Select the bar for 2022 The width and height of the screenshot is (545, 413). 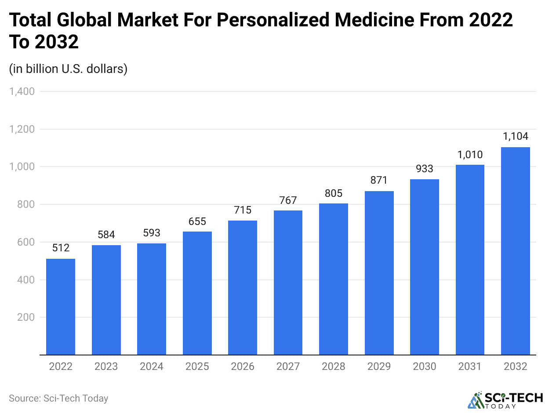click(x=61, y=307)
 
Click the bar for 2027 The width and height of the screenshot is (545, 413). click(x=288, y=283)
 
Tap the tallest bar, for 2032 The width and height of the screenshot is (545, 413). click(x=515, y=251)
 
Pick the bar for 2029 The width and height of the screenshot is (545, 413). click(x=379, y=273)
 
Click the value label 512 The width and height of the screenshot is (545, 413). click(x=61, y=248)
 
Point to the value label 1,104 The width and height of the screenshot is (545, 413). click(x=515, y=136)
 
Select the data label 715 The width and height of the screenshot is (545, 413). click(x=243, y=210)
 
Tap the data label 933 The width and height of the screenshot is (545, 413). click(x=425, y=168)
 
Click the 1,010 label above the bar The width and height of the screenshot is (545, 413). click(x=470, y=154)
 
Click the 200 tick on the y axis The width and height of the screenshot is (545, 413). click(x=26, y=317)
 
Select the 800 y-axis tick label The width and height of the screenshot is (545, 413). click(x=26, y=204)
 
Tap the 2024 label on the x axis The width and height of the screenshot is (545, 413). click(x=152, y=366)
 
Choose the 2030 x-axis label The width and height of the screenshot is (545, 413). click(x=425, y=366)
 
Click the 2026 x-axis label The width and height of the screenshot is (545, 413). click(x=243, y=366)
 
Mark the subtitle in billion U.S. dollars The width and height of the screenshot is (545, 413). click(x=68, y=69)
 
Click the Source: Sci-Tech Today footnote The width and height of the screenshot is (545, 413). click(x=58, y=399)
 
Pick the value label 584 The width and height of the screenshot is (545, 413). click(x=106, y=234)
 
